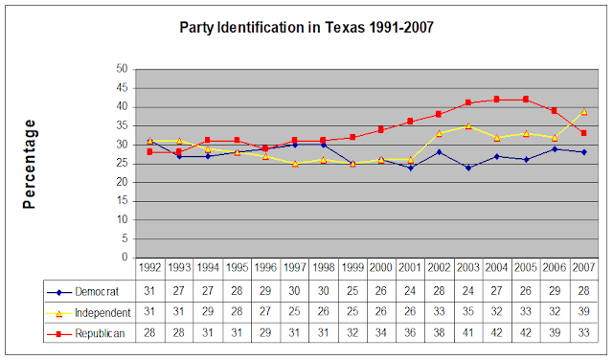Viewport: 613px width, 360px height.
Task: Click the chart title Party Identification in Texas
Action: pyautogui.click(x=306, y=27)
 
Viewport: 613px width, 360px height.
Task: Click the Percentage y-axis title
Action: pyautogui.click(x=30, y=163)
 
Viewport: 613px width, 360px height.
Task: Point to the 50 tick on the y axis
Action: pyautogui.click(x=122, y=69)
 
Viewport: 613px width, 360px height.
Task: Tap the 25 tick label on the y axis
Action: pyautogui.click(x=122, y=163)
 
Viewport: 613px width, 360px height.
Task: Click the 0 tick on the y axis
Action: pyautogui.click(x=125, y=257)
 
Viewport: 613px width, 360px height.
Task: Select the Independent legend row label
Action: pyautogui.click(x=96, y=312)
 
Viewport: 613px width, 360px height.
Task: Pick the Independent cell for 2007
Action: pyautogui.click(x=583, y=312)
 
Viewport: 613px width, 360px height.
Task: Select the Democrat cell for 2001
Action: pyautogui.click(x=410, y=291)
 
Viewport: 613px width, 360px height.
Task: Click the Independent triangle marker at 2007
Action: pyautogui.click(x=583, y=111)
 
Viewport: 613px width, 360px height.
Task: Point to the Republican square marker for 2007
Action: pyautogui.click(x=583, y=133)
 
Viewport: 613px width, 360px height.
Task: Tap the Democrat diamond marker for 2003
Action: pyautogui.click(x=468, y=168)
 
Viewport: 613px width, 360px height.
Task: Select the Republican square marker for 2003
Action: pyautogui.click(x=468, y=102)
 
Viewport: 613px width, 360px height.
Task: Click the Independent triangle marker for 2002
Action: pyautogui.click(x=439, y=133)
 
